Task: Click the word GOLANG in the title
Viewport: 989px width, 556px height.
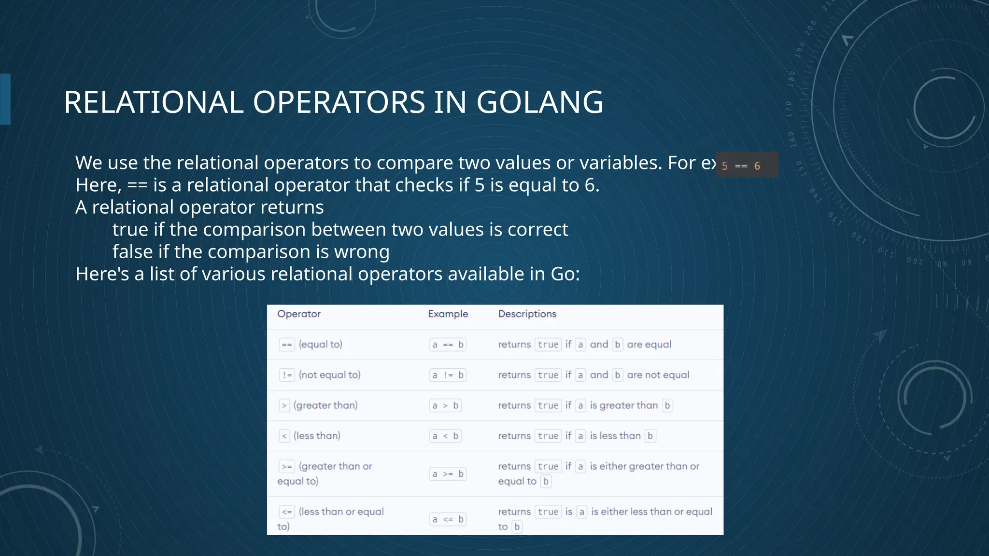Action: pos(540,102)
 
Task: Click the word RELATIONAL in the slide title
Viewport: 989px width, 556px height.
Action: pos(154,102)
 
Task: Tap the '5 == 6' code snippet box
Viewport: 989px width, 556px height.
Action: pos(747,165)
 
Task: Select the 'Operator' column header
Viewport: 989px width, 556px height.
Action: pos(299,314)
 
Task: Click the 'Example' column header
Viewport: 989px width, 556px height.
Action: pos(448,314)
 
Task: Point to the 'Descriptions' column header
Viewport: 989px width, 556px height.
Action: pos(527,314)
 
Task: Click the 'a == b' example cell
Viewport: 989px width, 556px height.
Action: pos(448,345)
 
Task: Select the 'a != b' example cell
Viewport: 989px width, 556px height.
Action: pos(448,375)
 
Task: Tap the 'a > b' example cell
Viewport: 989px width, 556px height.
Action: pos(445,405)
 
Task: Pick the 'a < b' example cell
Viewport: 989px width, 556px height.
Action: pos(445,436)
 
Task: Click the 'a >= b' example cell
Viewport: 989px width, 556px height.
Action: pos(448,474)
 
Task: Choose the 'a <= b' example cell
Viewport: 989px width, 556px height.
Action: pos(448,519)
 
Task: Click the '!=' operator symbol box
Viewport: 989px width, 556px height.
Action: pos(287,375)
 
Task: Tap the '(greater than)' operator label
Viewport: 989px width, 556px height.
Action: pos(325,405)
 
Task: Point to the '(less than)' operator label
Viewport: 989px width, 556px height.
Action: pos(317,436)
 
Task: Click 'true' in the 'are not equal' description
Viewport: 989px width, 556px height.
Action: pos(548,375)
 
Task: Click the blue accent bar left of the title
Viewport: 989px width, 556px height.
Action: pos(5,99)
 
